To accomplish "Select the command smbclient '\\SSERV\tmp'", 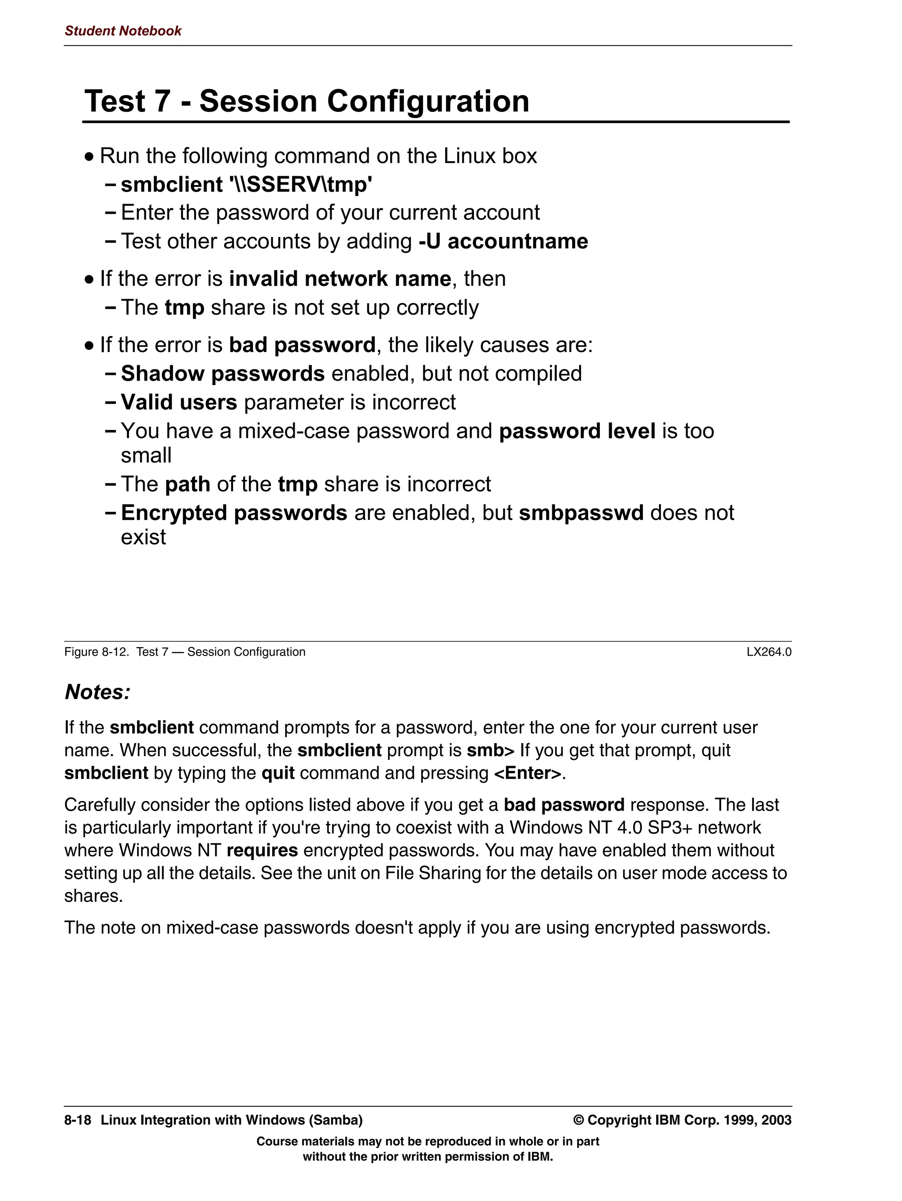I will click(x=246, y=185).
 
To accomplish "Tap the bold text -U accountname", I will click(x=503, y=241).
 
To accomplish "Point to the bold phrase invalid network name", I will click(x=340, y=279).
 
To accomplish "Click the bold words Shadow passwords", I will click(x=222, y=374).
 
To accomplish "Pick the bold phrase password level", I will click(x=577, y=432).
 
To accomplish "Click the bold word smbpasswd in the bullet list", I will click(x=581, y=513).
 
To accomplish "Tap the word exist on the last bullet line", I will click(x=143, y=537).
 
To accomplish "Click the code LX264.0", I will click(x=769, y=652).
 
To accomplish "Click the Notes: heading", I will click(x=98, y=692).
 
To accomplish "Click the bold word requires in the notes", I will click(x=262, y=850).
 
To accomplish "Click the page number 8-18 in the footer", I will click(x=78, y=1120).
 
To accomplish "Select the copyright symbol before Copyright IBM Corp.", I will click(x=579, y=1120).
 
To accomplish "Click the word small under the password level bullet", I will click(x=146, y=456).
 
